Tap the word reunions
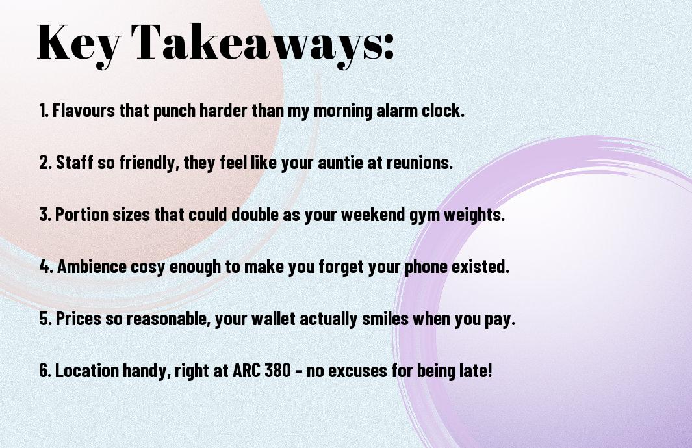pos(420,163)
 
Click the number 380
pos(277,371)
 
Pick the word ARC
pos(246,371)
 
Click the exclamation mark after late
pos(489,371)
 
